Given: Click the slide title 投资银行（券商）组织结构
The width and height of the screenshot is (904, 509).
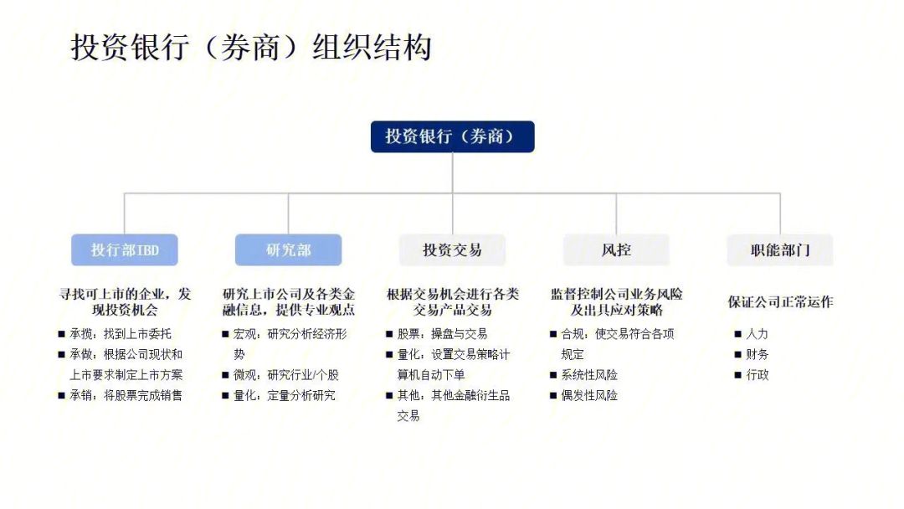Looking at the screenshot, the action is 251,47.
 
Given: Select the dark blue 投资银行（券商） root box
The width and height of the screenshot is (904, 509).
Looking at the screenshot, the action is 453,136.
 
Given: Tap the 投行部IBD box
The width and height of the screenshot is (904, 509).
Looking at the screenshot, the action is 125,249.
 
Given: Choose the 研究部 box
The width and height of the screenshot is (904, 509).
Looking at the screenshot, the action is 288,249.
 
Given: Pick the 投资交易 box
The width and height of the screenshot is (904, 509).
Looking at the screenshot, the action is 453,249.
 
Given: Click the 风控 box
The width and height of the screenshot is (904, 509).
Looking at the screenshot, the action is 616,249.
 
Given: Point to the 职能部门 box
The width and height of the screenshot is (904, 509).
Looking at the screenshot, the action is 780,249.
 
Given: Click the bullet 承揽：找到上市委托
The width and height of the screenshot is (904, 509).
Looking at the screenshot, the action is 115,334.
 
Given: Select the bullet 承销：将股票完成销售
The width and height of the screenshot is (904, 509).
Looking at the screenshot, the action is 121,395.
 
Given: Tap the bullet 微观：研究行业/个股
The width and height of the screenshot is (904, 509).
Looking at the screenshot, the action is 280,375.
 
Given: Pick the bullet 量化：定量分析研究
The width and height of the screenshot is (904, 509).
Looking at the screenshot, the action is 279,395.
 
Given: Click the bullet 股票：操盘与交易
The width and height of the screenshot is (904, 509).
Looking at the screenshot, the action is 436,334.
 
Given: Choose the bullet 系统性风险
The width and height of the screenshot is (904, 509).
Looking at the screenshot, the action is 584,375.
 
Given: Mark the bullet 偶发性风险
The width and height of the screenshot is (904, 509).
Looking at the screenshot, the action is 584,395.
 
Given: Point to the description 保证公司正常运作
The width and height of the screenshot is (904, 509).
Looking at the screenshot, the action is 780,301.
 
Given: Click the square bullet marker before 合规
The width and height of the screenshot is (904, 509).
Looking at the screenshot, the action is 553,334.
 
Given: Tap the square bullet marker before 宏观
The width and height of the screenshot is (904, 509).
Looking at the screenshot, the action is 225,334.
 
